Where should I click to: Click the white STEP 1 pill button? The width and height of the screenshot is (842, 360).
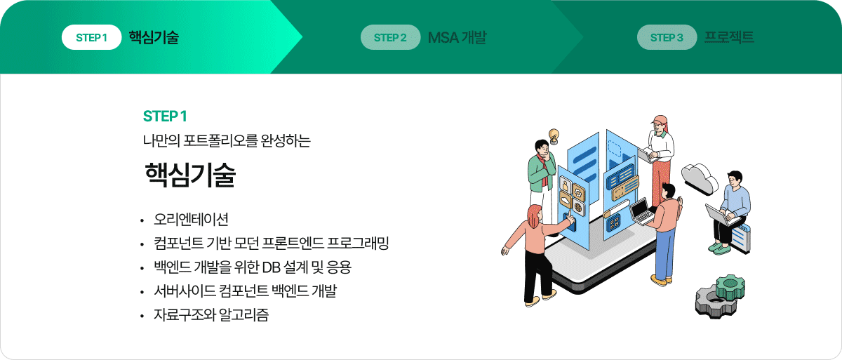(x=91, y=37)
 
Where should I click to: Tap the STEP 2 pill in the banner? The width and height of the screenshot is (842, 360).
(x=390, y=37)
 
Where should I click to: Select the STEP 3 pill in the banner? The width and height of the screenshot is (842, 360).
(x=667, y=37)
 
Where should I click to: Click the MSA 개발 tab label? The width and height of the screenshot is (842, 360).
(x=457, y=37)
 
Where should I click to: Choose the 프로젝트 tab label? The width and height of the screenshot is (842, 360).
(x=729, y=36)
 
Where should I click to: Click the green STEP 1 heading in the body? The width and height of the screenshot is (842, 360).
(x=165, y=116)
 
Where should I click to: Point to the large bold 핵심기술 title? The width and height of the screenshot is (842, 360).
(x=190, y=175)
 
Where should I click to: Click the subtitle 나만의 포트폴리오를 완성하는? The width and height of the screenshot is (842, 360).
(x=227, y=141)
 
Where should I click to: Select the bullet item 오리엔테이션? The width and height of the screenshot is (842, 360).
(x=191, y=219)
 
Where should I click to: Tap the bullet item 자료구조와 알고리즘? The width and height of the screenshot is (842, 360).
(x=211, y=314)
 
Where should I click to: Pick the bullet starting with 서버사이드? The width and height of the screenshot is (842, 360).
(x=245, y=291)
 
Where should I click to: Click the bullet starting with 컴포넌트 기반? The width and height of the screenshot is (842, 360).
(x=271, y=243)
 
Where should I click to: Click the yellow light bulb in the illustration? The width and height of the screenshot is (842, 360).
(x=554, y=135)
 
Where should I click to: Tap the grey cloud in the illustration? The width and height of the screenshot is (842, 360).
(x=700, y=178)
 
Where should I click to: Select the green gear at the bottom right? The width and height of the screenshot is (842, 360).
(x=730, y=286)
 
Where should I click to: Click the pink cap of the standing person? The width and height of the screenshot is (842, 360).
(x=660, y=120)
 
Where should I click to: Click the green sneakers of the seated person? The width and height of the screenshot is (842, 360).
(x=719, y=248)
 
